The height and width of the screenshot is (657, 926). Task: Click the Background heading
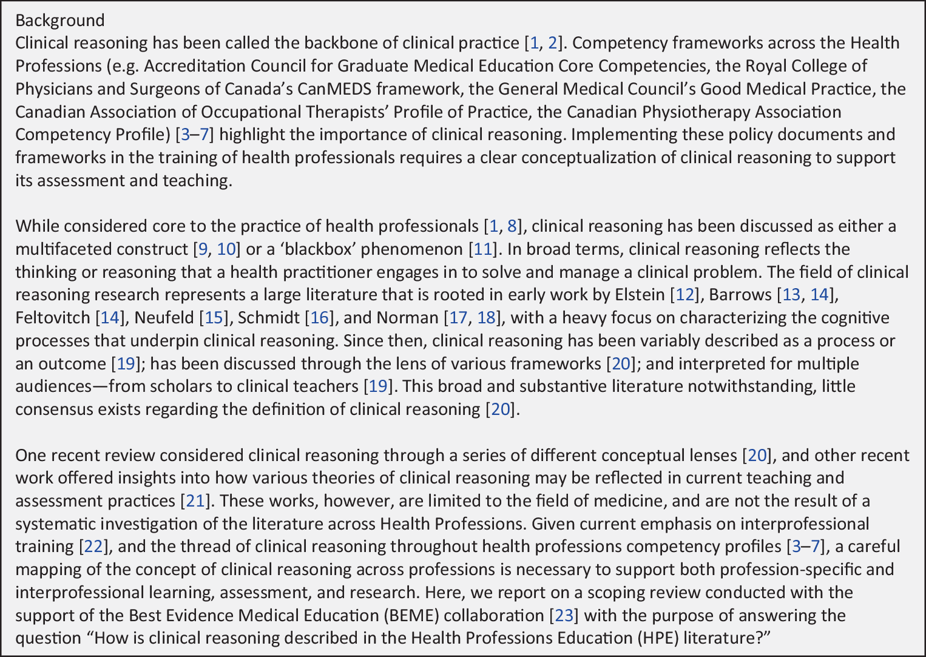click(x=59, y=20)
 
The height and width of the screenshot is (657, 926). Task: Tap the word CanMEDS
click(x=334, y=89)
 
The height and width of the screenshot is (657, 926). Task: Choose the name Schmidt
click(x=268, y=318)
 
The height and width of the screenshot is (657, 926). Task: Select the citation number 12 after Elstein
click(x=684, y=295)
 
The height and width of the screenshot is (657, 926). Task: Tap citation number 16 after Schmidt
click(x=319, y=318)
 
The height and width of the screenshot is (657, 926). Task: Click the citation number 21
click(x=195, y=501)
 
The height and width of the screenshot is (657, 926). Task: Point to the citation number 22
click(x=93, y=547)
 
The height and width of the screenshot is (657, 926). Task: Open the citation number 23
click(x=564, y=616)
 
